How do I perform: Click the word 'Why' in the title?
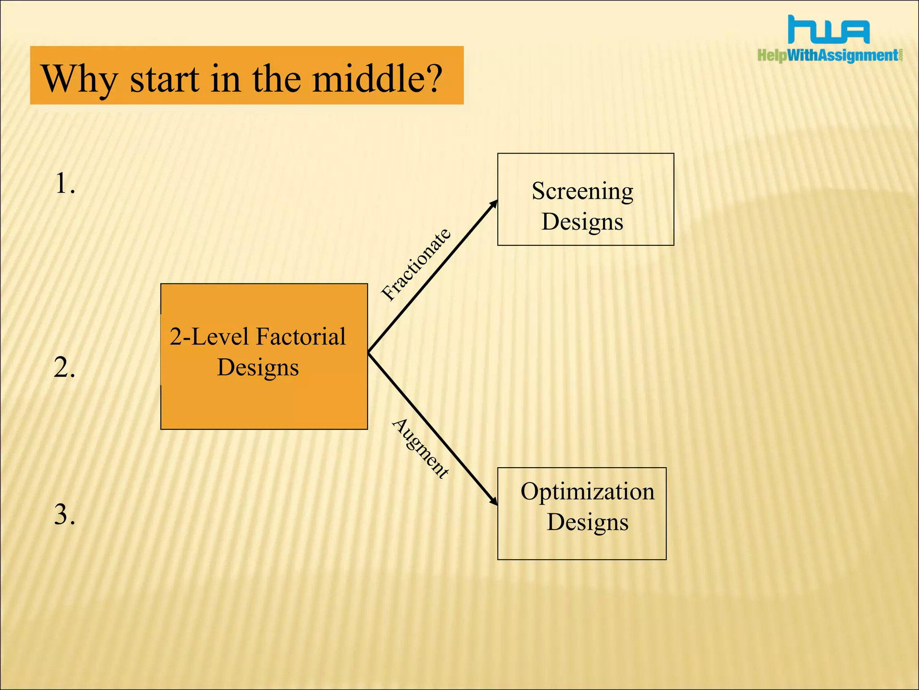coord(79,79)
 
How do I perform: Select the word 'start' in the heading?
coord(164,80)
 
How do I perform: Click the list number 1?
coord(65,184)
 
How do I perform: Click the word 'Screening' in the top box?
coord(582,191)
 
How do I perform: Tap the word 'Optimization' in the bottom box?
coord(587,491)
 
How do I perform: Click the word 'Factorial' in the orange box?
coord(301,336)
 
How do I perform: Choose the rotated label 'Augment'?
coord(420,448)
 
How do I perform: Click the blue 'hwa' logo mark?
coord(828,30)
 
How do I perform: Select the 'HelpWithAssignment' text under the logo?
coord(828,55)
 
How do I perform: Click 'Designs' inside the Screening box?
coord(582,222)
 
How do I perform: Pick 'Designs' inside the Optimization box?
coord(587,522)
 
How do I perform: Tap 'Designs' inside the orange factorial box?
coord(258,367)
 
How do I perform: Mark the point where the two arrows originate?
coord(369,353)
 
